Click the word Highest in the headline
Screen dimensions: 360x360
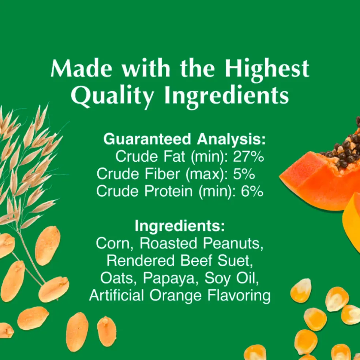(x=267, y=68)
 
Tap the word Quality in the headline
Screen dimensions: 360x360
(x=112, y=96)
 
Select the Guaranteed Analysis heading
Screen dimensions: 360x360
(x=184, y=139)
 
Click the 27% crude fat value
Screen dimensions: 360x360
(x=248, y=157)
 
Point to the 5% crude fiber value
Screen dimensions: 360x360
(x=244, y=174)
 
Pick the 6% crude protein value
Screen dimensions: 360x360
(x=252, y=191)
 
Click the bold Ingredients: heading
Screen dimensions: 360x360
(x=180, y=226)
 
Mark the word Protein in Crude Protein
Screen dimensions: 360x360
(x=169, y=191)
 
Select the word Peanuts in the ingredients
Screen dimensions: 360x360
(x=233, y=243)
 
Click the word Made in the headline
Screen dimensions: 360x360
(x=82, y=68)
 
